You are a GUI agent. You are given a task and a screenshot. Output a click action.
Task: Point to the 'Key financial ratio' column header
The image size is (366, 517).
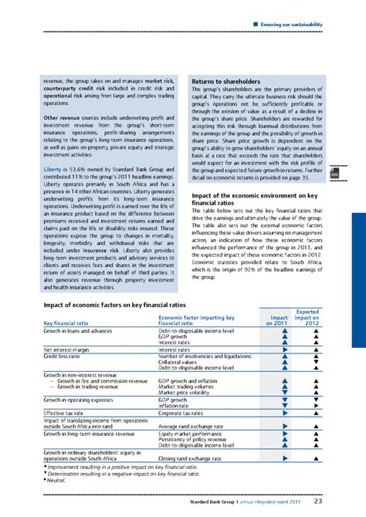pos(68,322)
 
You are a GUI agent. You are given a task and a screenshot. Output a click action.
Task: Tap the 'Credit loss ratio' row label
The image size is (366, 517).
pos(67,356)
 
